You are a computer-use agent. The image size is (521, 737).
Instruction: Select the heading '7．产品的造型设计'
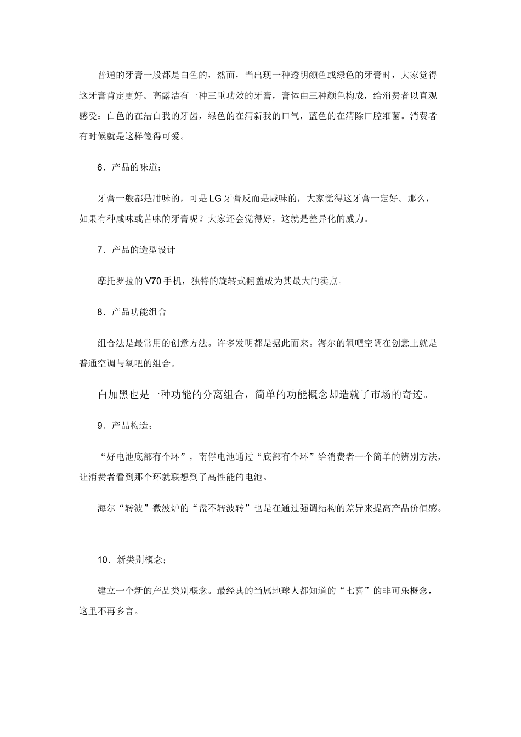[136, 250]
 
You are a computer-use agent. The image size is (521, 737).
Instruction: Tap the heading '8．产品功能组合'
[132, 312]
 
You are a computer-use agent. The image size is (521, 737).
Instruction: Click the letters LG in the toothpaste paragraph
[215, 199]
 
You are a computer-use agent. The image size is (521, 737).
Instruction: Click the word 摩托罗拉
[116, 281]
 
